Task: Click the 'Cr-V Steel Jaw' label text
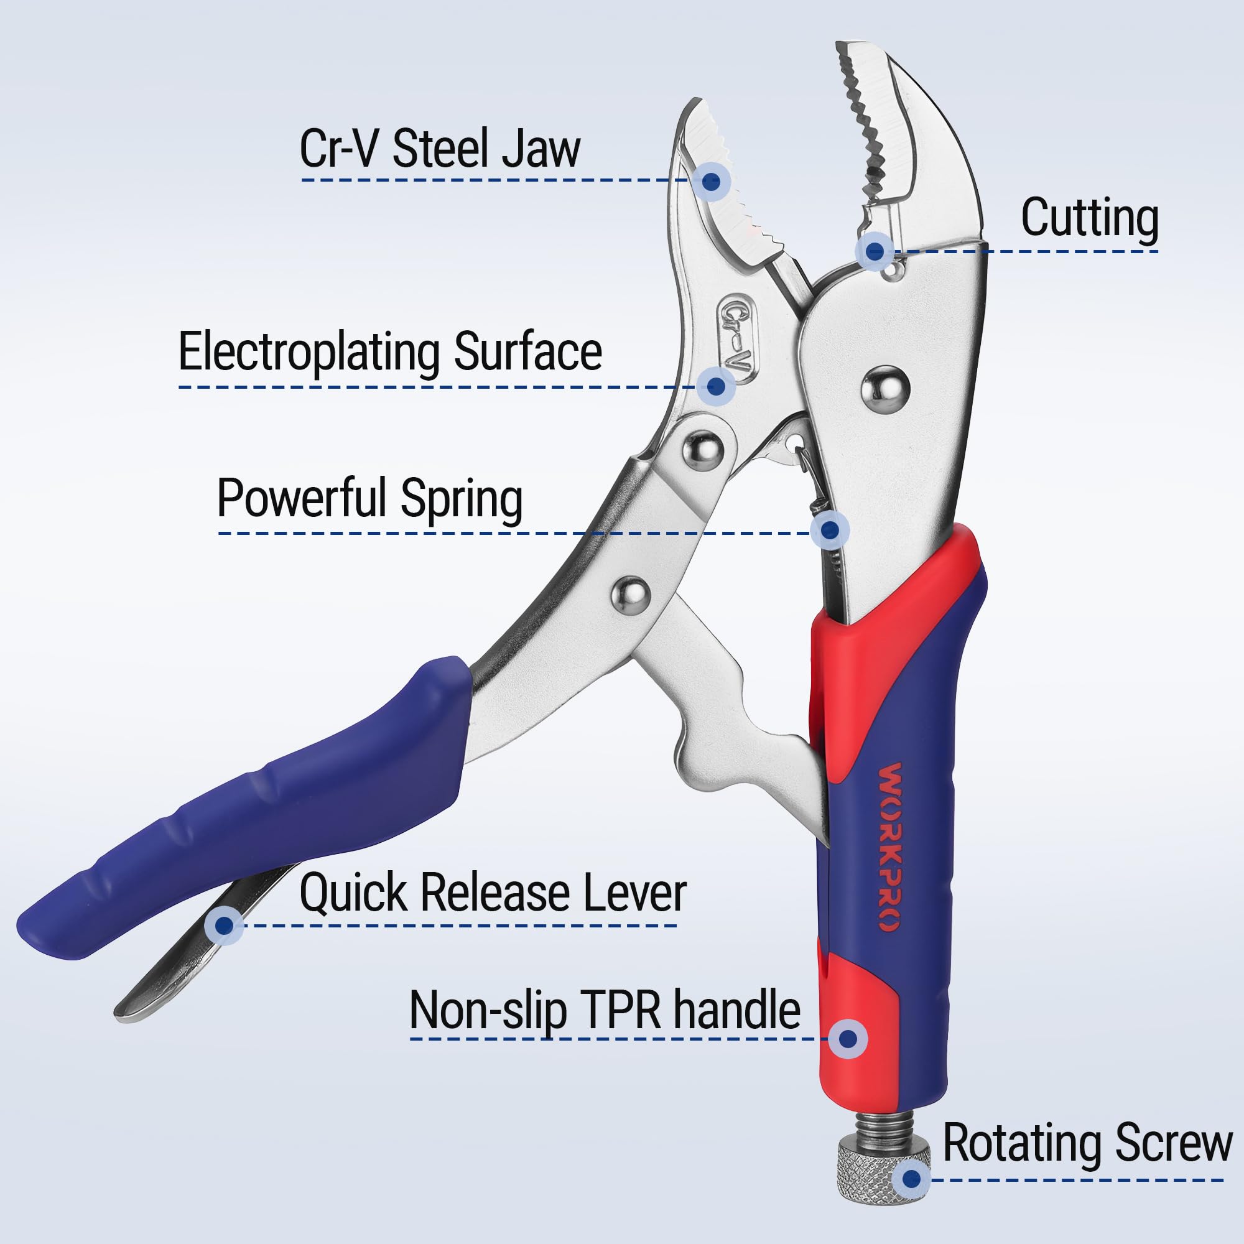click(440, 149)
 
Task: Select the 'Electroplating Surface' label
click(390, 352)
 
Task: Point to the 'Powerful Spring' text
click(369, 499)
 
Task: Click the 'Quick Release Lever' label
click(493, 893)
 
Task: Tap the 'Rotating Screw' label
click(1087, 1142)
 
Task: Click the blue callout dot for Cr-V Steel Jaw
click(711, 182)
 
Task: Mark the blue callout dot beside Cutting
click(875, 251)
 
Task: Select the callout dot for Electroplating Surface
click(716, 386)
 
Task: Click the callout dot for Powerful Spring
click(830, 530)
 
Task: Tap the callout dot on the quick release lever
click(224, 926)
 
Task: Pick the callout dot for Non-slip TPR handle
click(848, 1039)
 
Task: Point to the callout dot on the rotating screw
click(911, 1179)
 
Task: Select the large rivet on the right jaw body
click(885, 390)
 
